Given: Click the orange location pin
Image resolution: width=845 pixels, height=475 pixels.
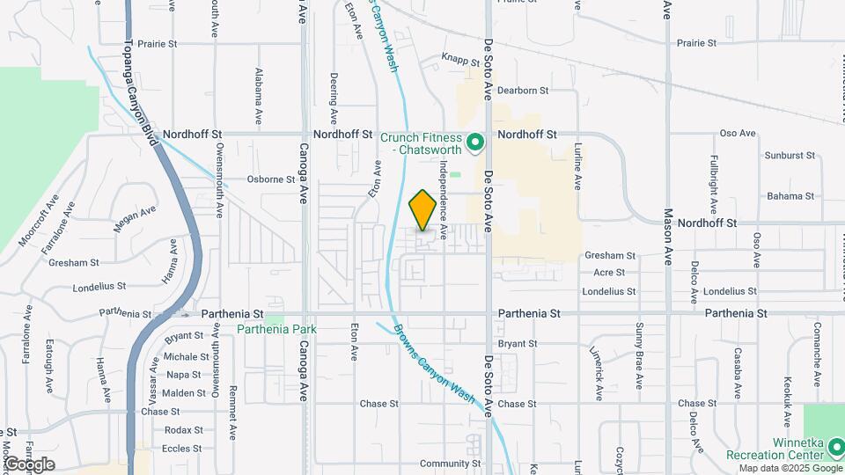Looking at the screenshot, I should point(422,210).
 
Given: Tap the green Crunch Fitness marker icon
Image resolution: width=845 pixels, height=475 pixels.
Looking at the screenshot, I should point(475,142).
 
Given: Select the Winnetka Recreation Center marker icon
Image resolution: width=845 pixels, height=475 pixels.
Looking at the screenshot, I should point(839,452).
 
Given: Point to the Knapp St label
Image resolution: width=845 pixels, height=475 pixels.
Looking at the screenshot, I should point(460,63).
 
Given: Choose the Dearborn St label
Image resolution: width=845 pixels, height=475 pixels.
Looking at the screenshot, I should point(523,91).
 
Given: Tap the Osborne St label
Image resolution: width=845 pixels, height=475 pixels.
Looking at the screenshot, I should point(270,179).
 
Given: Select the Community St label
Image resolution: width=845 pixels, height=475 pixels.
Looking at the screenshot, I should point(450,464).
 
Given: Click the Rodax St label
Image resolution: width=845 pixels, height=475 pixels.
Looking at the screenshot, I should point(183,430).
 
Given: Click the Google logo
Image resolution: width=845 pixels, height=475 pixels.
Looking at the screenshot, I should point(30,464).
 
